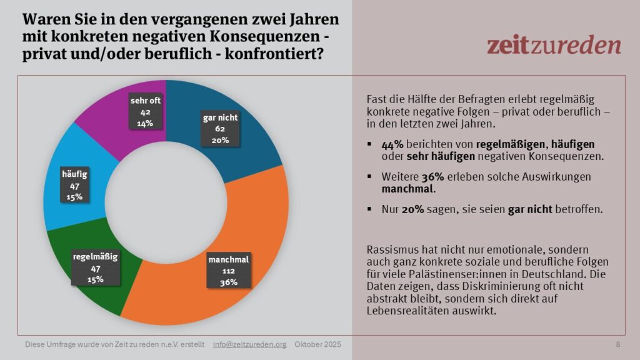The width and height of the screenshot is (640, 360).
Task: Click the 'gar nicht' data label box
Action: (220, 128)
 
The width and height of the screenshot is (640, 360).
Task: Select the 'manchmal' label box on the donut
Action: (229, 270)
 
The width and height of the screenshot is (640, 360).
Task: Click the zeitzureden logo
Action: (554, 45)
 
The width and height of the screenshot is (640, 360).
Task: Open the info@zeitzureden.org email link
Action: (249, 345)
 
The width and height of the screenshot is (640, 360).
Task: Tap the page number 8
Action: (618, 345)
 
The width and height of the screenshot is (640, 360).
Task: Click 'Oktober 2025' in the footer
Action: (318, 345)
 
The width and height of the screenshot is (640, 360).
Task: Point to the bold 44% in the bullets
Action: (391, 144)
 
